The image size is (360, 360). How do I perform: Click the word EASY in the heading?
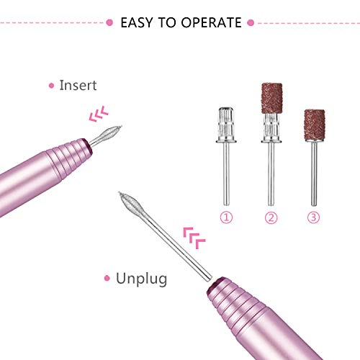tap(136, 23)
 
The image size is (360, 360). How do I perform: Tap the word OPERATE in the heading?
tap(211, 23)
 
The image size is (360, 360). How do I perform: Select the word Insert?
tap(78, 85)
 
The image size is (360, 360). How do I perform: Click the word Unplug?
tap(141, 279)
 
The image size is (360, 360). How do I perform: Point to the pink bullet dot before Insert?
tap(51, 86)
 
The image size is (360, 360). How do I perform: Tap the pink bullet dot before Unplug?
tap(107, 279)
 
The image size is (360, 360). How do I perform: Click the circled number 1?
tap(226, 217)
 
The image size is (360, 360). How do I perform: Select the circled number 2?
tap(271, 217)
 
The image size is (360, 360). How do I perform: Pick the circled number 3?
tap(313, 217)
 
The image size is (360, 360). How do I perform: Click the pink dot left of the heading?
tap(109, 23)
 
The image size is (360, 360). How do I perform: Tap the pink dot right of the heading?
tap(251, 23)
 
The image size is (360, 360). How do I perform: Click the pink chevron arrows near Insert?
tap(99, 114)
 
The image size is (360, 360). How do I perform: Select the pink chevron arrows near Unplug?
tap(194, 238)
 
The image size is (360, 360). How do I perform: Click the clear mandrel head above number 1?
tap(226, 125)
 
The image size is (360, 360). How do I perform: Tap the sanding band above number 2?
tap(271, 98)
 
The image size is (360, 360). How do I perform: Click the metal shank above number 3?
tap(314, 174)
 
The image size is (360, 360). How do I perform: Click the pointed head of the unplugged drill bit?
tap(129, 202)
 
